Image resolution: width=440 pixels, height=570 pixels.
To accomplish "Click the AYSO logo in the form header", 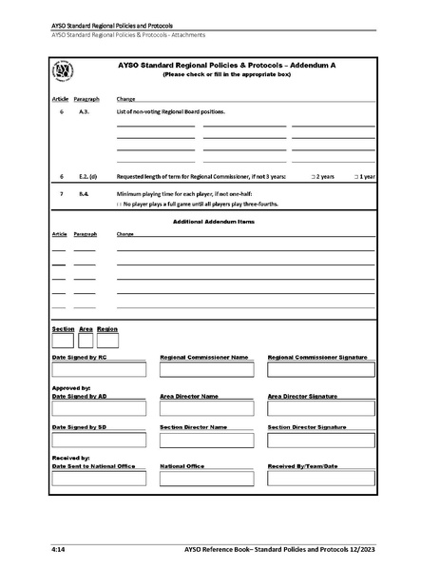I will point(64,73).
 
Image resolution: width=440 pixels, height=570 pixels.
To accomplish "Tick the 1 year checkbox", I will point(355,177).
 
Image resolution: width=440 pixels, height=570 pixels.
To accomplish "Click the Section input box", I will point(63,339).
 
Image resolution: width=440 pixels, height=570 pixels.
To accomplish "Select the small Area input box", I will point(86,339).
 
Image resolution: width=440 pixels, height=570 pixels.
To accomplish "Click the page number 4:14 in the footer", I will point(58,550).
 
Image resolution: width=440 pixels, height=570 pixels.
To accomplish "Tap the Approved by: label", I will point(71,388).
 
